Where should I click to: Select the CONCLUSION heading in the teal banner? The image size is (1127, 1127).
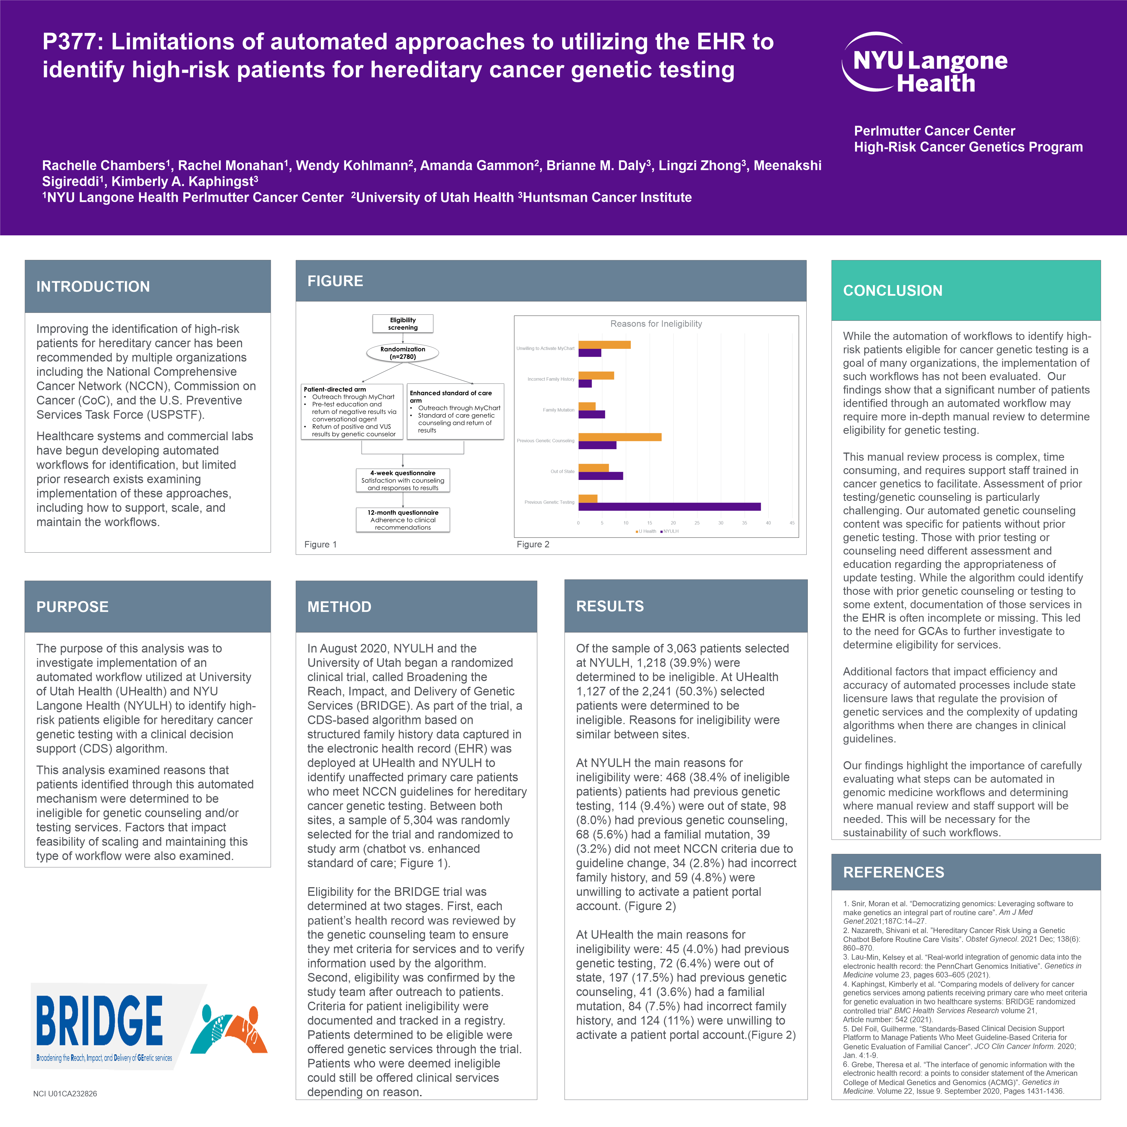pos(892,290)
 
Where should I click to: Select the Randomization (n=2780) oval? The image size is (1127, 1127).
pos(402,353)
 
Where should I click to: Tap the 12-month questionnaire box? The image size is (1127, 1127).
pos(402,520)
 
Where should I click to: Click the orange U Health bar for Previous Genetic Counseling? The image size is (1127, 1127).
pos(619,437)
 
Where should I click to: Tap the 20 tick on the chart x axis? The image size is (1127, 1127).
pos(673,523)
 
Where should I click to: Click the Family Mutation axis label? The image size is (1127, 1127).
pos(558,410)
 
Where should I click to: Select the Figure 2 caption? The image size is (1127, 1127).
pos(532,544)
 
